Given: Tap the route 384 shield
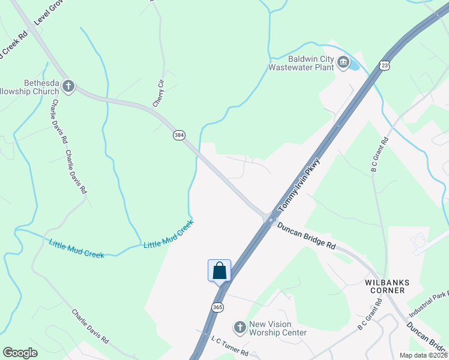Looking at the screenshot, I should (x=179, y=135).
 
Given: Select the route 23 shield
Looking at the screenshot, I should (x=385, y=65).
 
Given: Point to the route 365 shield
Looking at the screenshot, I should (x=218, y=307).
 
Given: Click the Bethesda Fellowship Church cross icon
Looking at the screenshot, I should (x=68, y=86).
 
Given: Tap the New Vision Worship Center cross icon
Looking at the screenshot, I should (x=240, y=327).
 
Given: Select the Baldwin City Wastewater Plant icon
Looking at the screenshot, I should (x=343, y=63).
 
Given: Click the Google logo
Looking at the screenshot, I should (x=20, y=353).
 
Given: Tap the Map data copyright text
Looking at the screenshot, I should (x=424, y=355).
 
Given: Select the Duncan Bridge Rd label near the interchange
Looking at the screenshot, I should (x=306, y=236).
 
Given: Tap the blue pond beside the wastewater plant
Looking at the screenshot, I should (x=354, y=62).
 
